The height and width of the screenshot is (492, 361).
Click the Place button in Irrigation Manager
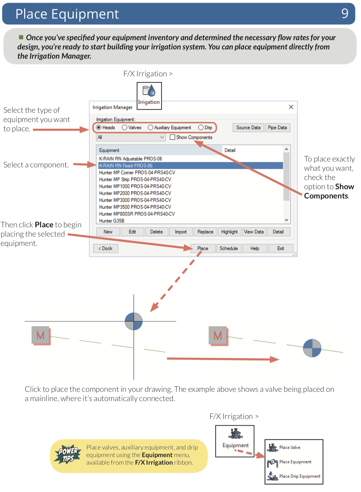[203, 249]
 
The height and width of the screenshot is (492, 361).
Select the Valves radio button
[125, 128]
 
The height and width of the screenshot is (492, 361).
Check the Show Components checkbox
[173, 137]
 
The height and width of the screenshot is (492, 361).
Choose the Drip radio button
[201, 128]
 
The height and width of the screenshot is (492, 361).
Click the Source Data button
[248, 128]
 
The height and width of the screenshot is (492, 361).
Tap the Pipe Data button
[277, 128]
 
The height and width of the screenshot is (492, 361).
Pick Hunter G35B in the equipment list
[112, 221]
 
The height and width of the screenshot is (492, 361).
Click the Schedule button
[228, 249]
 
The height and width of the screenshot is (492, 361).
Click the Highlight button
[229, 232]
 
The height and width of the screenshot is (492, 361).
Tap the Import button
[181, 232]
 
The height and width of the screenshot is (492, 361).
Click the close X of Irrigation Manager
[291, 107]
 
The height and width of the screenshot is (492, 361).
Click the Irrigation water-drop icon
[149, 91]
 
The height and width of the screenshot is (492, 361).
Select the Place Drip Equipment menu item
[299, 476]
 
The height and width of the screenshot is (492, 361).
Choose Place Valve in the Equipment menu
[290, 447]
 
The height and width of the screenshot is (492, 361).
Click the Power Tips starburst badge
[68, 454]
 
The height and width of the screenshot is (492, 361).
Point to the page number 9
[345, 13]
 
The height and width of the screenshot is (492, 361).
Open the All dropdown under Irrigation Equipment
[131, 137]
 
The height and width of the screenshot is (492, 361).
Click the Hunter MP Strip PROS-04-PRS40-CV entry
[135, 180]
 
